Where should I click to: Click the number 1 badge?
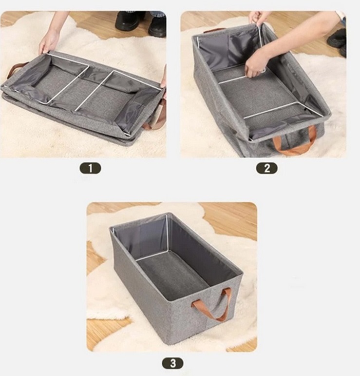[90, 168]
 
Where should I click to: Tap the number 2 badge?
[267, 168]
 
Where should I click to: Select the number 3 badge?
[173, 363]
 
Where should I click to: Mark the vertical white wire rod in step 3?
[167, 233]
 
